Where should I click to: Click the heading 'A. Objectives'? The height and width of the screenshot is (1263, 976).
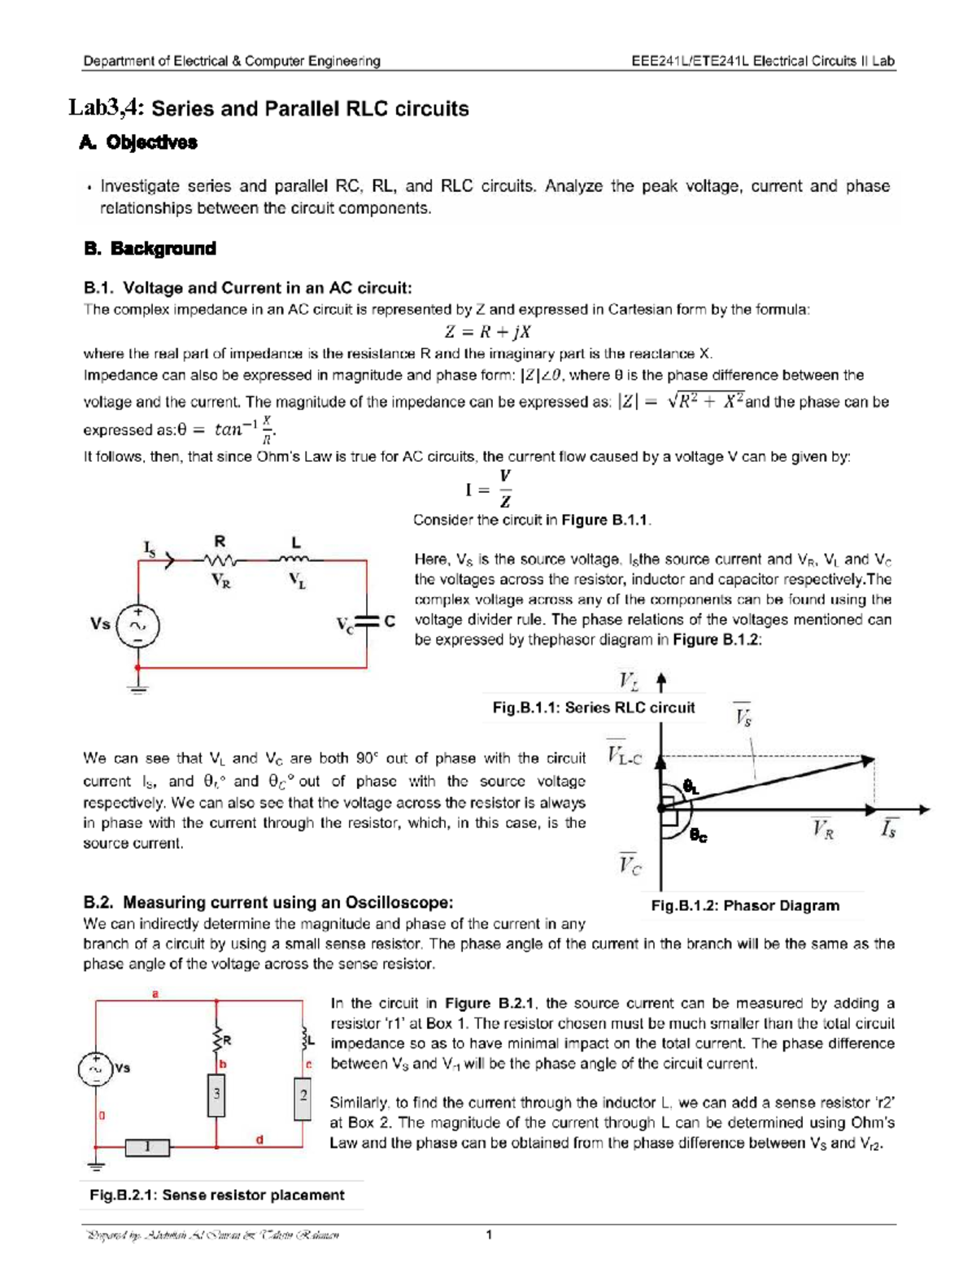coord(139,142)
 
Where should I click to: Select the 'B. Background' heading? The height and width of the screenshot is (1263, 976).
coord(150,249)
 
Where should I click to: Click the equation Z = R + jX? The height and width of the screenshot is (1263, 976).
coord(487,332)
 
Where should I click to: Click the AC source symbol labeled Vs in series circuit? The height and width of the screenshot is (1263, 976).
coord(138,625)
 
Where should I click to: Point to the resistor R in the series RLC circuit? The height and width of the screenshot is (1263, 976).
coord(220,560)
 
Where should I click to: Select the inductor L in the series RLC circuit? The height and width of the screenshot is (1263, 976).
coord(295,560)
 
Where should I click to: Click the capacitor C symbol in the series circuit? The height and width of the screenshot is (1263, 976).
coord(368,622)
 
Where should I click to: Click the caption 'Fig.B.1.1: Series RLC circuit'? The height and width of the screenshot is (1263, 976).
coord(593,708)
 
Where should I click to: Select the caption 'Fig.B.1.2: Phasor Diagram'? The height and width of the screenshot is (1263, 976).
coord(745,905)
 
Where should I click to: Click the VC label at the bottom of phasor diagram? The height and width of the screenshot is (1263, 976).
coord(630,864)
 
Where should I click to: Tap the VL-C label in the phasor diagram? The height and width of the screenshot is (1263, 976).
coord(625,756)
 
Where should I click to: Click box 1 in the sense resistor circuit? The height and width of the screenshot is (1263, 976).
coord(147,1148)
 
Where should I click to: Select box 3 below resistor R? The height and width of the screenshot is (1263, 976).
coord(216,1095)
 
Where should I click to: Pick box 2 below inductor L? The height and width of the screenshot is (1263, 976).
coord(303,1096)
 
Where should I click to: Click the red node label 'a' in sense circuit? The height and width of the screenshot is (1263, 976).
coord(155,993)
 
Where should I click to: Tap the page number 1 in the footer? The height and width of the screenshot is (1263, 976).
coord(489,1235)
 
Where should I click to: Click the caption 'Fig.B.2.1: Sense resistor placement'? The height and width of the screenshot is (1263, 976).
coord(216,1195)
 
